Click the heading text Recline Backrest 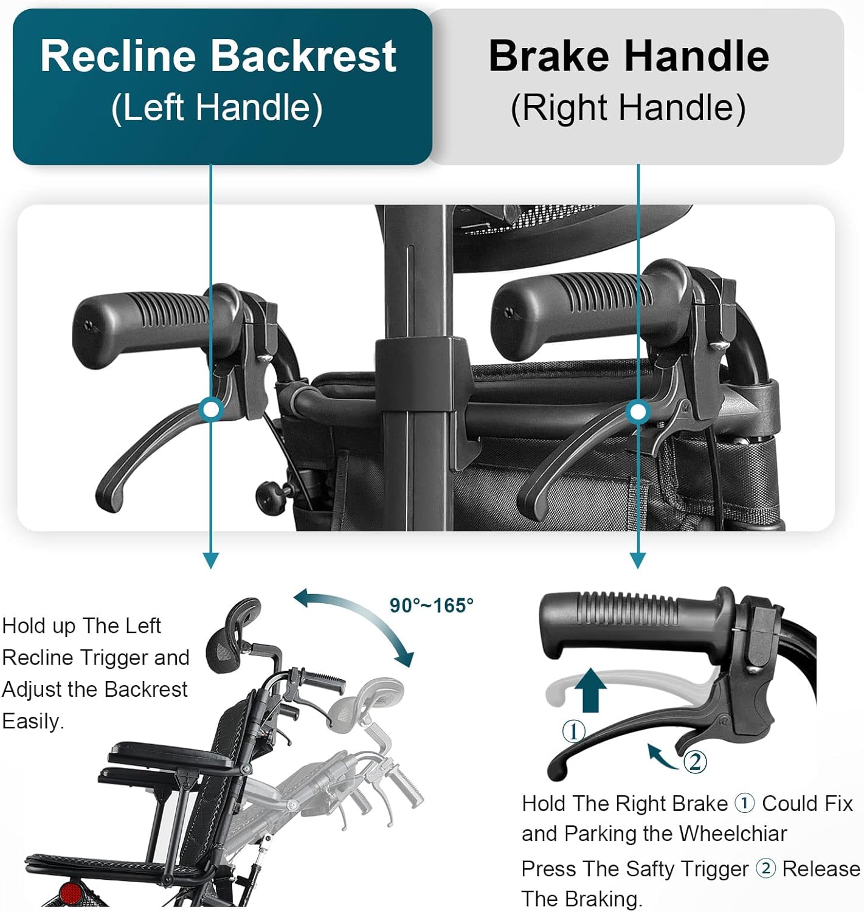pos(218,56)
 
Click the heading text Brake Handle pos(629,56)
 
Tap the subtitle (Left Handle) pos(216,108)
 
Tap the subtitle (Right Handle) pos(628,108)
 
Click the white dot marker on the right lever pos(638,412)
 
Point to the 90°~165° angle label pos(431,606)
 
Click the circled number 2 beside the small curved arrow pos(695,761)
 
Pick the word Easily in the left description pos(33,721)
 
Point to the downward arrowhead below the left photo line pos(210,560)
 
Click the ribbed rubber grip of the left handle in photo pos(146,325)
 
